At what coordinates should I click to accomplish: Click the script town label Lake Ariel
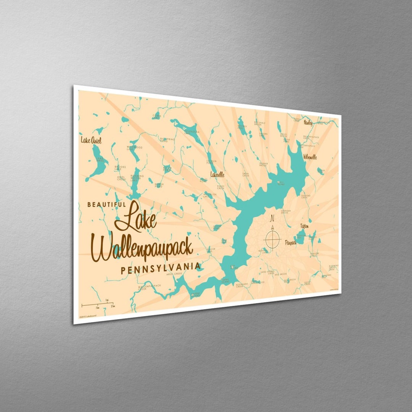(91, 140)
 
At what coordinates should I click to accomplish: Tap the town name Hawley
(308, 122)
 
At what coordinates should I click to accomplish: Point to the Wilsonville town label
(310, 157)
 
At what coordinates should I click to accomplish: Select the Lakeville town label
(217, 174)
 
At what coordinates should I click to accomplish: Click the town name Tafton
(304, 226)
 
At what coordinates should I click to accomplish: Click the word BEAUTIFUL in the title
(106, 204)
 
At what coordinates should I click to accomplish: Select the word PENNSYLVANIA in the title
(160, 269)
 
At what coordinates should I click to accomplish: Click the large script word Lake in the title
(136, 218)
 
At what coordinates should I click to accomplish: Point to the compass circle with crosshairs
(273, 239)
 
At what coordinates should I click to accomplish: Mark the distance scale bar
(97, 304)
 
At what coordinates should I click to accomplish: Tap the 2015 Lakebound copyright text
(88, 316)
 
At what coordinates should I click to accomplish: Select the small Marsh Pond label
(159, 185)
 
